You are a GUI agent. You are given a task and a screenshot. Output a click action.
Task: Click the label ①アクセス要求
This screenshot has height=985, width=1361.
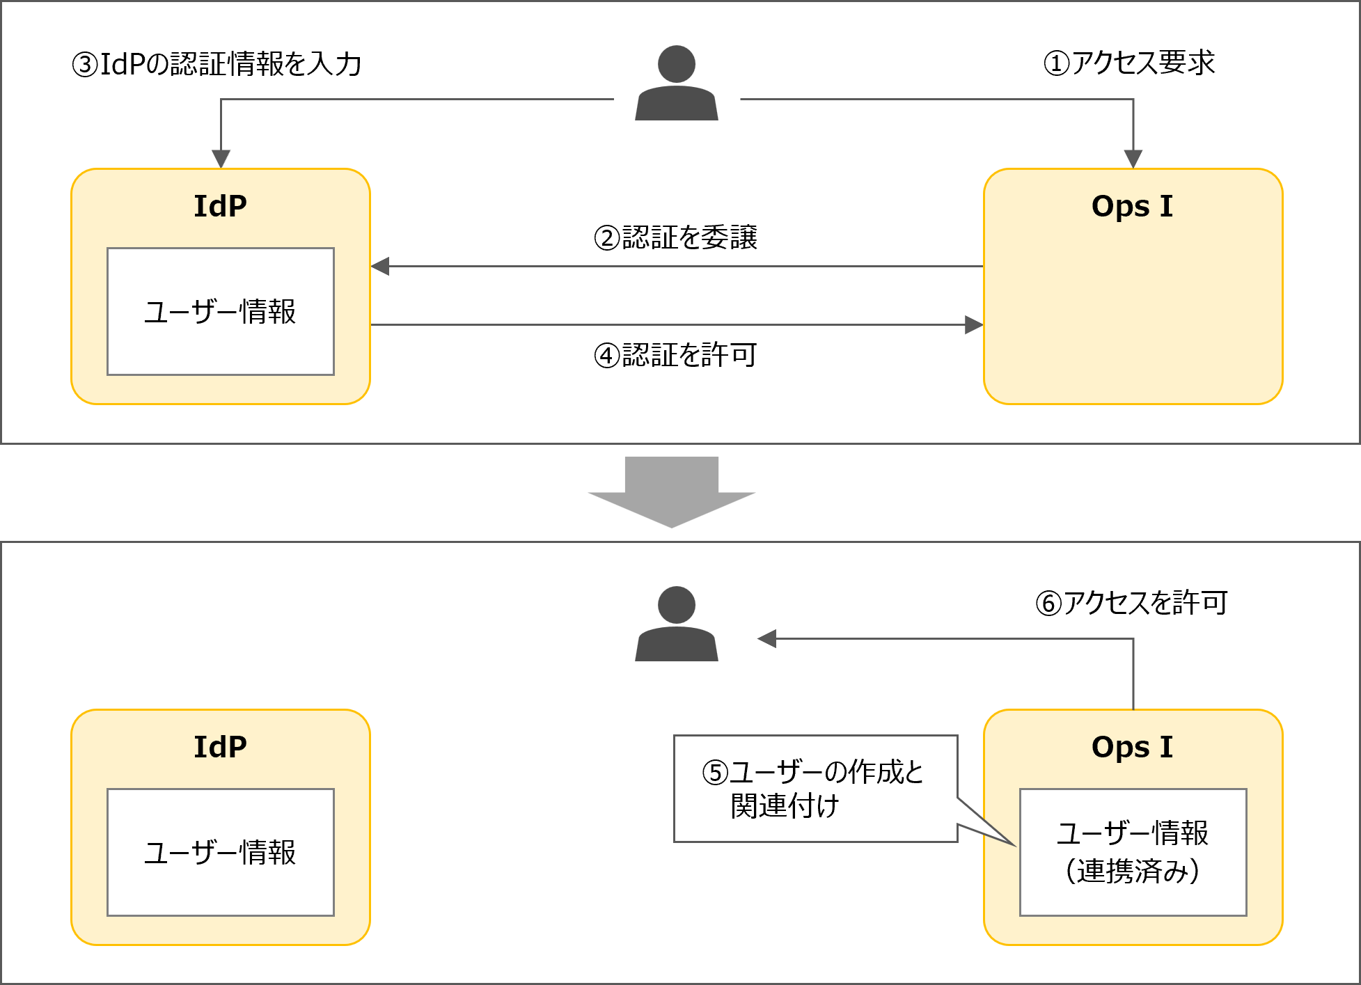(1129, 63)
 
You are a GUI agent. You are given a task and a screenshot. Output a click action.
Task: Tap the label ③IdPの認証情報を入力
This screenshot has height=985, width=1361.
(217, 65)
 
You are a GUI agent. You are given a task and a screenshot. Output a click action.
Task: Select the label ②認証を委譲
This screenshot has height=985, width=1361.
(675, 238)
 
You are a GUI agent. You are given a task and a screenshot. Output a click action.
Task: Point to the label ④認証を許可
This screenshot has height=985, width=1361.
(675, 356)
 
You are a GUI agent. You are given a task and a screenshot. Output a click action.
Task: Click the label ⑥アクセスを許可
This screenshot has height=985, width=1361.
(1131, 603)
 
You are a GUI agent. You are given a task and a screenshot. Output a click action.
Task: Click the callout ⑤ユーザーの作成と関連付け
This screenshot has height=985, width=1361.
(815, 789)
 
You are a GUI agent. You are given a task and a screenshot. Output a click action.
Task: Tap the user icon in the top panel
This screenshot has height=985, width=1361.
(677, 84)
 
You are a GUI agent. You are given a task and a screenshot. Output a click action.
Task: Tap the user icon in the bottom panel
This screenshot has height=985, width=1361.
(677, 624)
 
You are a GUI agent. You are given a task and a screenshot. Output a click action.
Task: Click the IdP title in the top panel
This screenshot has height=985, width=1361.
(220, 207)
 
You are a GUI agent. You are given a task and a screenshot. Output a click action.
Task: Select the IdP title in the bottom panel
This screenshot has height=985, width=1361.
(220, 748)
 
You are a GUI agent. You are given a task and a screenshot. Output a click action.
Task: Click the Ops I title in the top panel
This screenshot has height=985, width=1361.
(1132, 207)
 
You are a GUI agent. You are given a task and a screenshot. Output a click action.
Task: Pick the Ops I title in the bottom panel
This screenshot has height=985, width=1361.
(1132, 748)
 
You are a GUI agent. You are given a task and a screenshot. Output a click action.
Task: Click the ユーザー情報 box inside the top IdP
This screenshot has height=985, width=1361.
(220, 312)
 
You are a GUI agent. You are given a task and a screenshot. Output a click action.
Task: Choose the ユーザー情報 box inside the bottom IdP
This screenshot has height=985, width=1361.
(220, 853)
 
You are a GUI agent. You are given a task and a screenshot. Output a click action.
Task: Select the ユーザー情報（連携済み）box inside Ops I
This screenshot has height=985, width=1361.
(1133, 853)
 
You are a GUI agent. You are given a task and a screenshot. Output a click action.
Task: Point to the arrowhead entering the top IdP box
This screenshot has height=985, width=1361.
(221, 159)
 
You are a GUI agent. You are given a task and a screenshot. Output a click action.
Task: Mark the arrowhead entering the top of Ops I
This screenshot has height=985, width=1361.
(1133, 159)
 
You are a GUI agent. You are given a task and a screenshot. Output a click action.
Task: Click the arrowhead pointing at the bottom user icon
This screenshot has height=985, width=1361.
(767, 639)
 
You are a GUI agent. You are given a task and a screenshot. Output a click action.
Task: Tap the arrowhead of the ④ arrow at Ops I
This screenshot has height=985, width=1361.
(973, 325)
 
